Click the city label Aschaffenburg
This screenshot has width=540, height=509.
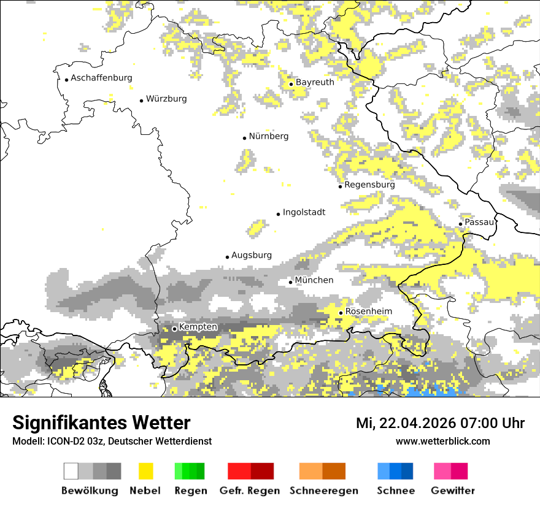[101, 78]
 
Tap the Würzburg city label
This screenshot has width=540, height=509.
[166, 99]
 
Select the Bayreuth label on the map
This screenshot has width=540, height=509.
[315, 82]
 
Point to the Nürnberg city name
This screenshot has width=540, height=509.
[269, 136]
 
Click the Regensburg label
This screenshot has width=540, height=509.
[369, 185]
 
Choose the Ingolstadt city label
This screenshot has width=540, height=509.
[304, 212]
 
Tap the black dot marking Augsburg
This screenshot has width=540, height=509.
[227, 257]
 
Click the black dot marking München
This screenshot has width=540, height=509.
[291, 282]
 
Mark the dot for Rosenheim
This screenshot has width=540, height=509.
[341, 313]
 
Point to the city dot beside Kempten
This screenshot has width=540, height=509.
[174, 329]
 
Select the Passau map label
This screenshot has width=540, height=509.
[479, 222]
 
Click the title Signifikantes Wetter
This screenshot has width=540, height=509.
[101, 423]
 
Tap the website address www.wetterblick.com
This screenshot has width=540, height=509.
[442, 441]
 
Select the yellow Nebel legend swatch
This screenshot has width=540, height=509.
[145, 471]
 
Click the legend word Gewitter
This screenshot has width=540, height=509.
[453, 491]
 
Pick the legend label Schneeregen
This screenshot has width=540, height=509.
[323, 491]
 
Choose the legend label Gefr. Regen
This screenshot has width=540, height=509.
[250, 491]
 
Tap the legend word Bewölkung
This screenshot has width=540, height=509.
[90, 491]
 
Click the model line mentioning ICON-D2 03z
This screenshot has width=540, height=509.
[112, 441]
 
